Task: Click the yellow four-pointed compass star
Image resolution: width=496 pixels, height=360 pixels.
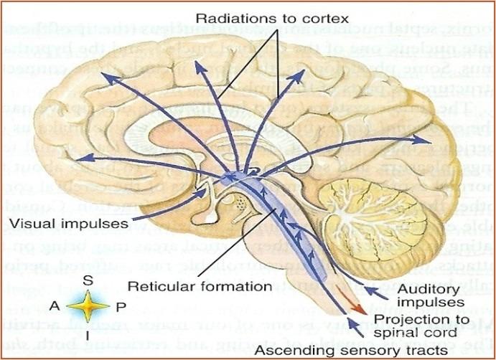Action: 87,305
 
